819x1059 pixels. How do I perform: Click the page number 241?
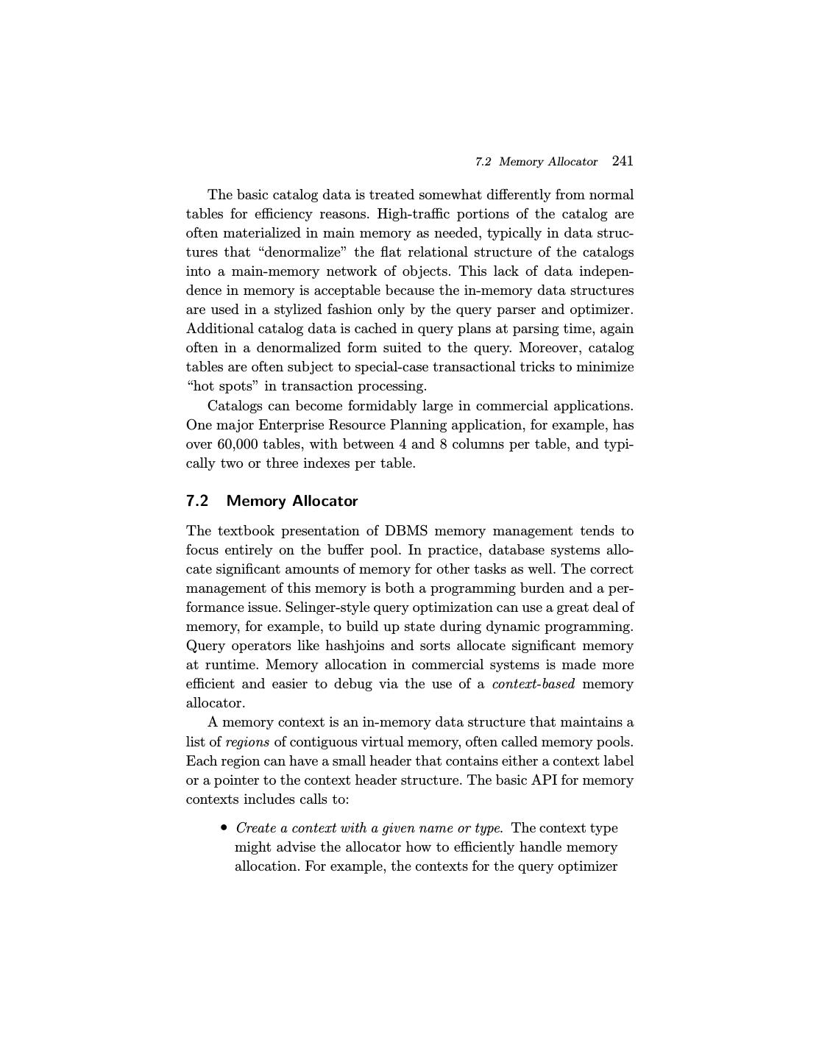pos(622,161)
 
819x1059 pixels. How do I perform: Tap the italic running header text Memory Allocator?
pos(547,162)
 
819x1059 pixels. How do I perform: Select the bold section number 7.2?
pos(197,501)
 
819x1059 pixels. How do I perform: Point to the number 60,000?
pos(238,444)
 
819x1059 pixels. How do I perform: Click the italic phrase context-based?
pos(533,684)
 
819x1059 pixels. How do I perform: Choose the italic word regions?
pos(247,741)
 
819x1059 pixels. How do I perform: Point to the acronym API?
pos(545,780)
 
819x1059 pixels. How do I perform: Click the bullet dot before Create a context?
pos(224,828)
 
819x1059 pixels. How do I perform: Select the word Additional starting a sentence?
pos(219,329)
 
